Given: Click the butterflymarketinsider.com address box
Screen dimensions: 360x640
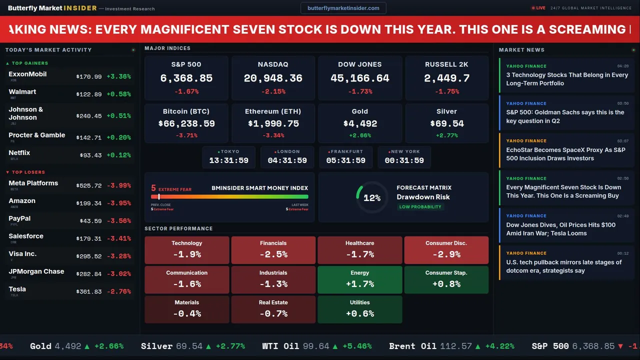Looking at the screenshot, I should pos(343,8).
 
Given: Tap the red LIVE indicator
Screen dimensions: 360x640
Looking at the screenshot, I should pos(538,8).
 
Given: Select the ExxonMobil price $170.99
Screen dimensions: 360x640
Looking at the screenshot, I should pos(89,77).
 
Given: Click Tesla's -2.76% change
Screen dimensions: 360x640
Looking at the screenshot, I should pos(118,291).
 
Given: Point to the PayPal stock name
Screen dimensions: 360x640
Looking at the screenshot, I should pos(19,218).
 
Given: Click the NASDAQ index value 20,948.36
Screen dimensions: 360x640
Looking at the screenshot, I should pos(273,78).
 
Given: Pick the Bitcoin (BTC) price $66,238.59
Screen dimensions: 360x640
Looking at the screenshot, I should pos(186,123).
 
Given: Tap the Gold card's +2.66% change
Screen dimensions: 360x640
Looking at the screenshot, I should pos(359,135).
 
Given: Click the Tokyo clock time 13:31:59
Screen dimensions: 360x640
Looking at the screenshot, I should pos(228,160).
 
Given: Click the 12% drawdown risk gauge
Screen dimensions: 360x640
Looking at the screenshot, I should pos(371,198).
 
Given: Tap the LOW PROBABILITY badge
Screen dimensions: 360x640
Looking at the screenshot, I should pos(420,207).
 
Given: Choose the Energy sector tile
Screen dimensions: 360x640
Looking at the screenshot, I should pos(359,279).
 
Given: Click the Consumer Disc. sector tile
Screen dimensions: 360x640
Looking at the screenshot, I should pos(446,250).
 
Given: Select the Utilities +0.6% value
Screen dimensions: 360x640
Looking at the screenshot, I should pos(359,314).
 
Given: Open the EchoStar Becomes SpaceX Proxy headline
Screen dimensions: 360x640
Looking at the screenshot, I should pos(565,154).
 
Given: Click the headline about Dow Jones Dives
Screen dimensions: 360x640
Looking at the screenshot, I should pos(560,229).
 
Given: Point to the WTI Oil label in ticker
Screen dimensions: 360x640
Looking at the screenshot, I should pos(280,346).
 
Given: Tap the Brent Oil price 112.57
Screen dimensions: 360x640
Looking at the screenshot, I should pos(456,346).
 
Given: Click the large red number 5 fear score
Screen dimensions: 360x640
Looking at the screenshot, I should pos(153,188).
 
